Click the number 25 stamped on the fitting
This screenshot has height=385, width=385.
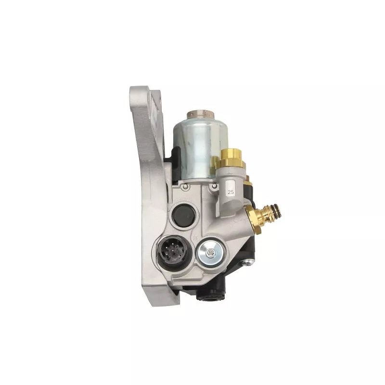tap(231, 192)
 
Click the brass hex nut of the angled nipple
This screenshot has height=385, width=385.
tap(255, 218)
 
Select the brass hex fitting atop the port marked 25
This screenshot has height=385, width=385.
tap(231, 157)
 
